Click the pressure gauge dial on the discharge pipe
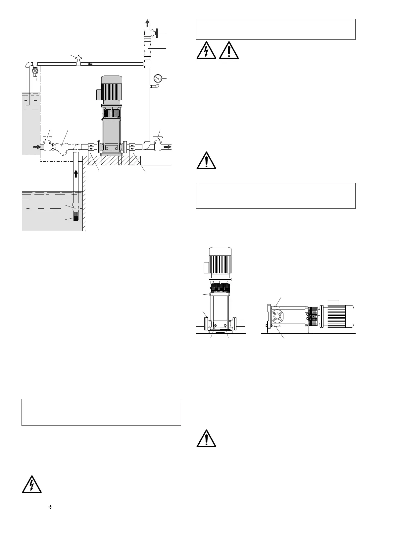point(158,79)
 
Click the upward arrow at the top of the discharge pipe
point(147,24)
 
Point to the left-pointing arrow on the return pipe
point(90,64)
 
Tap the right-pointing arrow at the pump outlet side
point(168,147)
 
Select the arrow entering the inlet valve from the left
point(37,147)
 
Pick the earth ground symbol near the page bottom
point(50,507)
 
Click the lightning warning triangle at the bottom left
point(32,485)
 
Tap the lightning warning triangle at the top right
point(206,51)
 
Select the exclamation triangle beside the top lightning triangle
point(228,51)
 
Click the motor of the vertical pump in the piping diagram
point(112,89)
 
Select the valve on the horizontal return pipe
point(78,61)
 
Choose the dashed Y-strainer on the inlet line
point(61,147)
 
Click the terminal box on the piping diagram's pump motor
point(98,94)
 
